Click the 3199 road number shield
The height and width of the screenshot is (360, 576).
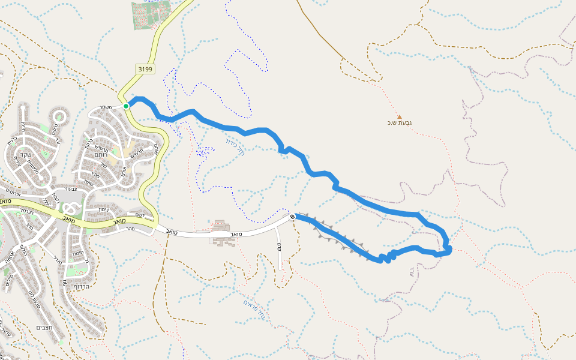point(145,69)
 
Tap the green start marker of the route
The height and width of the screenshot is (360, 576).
point(126,106)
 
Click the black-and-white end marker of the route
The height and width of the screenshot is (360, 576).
point(292,217)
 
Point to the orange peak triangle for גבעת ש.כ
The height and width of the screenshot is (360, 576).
point(400,116)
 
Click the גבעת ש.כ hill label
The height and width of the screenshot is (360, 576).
point(400,124)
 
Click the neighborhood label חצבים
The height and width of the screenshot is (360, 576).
point(44,328)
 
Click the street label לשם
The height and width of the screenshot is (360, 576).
point(139,215)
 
